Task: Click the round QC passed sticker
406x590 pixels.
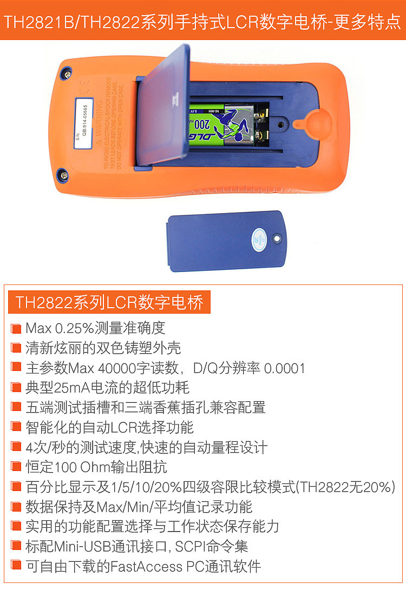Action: (x=260, y=238)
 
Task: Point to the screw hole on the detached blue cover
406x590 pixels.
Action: (x=277, y=238)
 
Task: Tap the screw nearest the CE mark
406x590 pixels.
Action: (x=68, y=72)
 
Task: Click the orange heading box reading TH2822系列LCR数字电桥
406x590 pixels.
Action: (x=109, y=302)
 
